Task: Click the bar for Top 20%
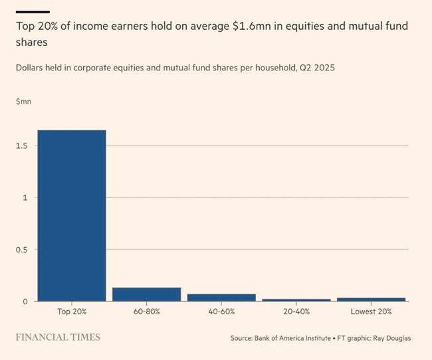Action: coord(72,216)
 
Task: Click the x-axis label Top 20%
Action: coord(72,312)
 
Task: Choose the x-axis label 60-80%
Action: coord(146,312)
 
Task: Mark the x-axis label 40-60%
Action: coord(221,312)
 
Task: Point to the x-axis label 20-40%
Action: coord(296,312)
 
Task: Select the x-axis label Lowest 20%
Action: coord(372,312)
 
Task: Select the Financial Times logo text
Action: coord(58,337)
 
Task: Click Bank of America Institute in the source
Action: coord(290,338)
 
